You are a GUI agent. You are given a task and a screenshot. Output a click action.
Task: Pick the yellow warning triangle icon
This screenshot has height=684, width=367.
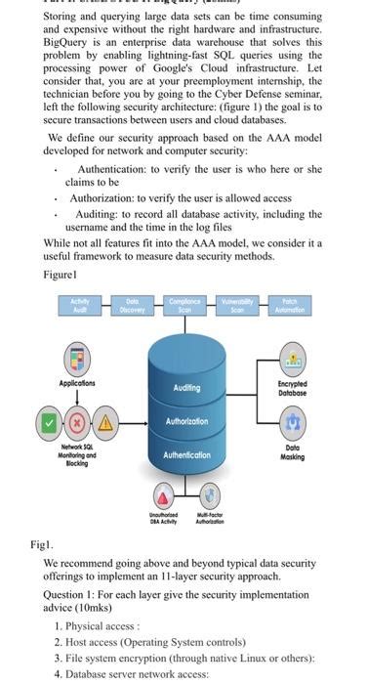(102, 423)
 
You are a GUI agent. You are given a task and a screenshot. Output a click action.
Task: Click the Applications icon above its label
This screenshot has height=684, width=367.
(77, 358)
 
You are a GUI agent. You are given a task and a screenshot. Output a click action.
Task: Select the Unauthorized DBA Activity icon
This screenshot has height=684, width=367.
(167, 494)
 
